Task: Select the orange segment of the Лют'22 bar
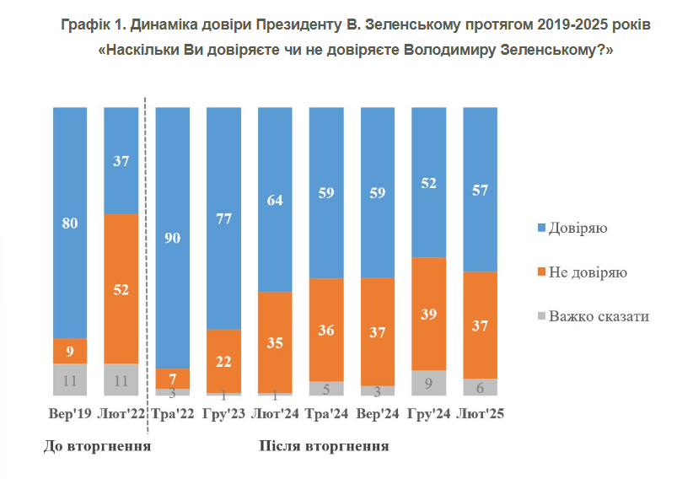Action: tap(121, 288)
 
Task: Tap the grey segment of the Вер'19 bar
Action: tap(70, 379)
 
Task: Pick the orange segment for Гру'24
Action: tap(429, 313)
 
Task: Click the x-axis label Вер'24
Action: tap(378, 414)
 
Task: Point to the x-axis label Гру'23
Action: tap(224, 414)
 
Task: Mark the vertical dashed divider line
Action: tap(147, 253)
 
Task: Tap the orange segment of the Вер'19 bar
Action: tap(70, 350)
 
